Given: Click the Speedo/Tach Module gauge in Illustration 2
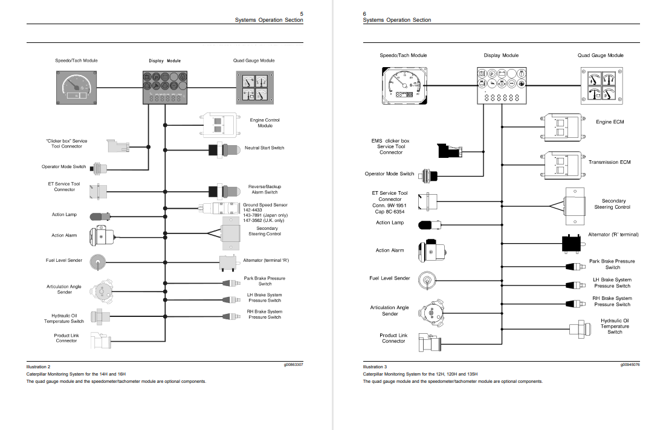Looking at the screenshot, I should point(76,87).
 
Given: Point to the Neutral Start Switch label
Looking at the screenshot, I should point(264,148).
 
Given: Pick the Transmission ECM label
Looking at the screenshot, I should point(609,162).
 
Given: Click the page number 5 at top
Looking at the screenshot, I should point(302,13).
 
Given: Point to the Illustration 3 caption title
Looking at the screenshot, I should point(375,367).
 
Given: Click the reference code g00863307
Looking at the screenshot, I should point(293,365).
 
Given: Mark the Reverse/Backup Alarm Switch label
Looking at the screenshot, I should point(265,189).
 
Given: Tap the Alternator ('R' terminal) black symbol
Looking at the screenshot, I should point(571,243).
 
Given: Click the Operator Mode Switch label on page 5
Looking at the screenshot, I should point(63,167).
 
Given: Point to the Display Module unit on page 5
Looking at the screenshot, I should point(165,87).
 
